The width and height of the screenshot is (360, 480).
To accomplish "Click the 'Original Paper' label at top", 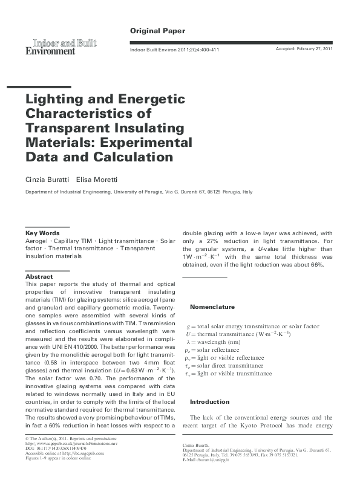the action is tap(157, 30).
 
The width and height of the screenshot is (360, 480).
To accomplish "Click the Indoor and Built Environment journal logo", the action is tap(61, 47).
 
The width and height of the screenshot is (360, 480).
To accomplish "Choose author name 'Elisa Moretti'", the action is tap(98, 180).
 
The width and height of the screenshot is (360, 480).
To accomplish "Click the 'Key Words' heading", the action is tap(42, 233).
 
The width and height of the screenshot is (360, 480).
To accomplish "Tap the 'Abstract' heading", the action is tap(39, 276).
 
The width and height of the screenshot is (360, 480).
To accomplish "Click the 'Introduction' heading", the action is tap(210, 401).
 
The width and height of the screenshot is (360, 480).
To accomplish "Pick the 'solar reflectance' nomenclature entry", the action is tap(218, 349).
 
